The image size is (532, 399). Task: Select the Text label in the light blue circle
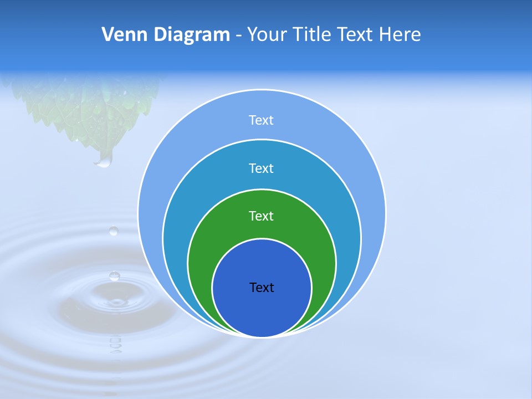(x=262, y=120)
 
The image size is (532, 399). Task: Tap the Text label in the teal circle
(x=262, y=168)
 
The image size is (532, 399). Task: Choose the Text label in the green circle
(x=262, y=216)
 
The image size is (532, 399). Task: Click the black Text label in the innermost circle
(x=262, y=288)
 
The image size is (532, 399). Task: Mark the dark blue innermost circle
(x=262, y=310)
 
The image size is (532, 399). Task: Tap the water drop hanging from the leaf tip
(x=104, y=160)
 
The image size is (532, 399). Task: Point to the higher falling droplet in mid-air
(x=114, y=231)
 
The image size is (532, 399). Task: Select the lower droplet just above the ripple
(x=115, y=275)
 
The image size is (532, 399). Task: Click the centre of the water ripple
(x=116, y=303)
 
